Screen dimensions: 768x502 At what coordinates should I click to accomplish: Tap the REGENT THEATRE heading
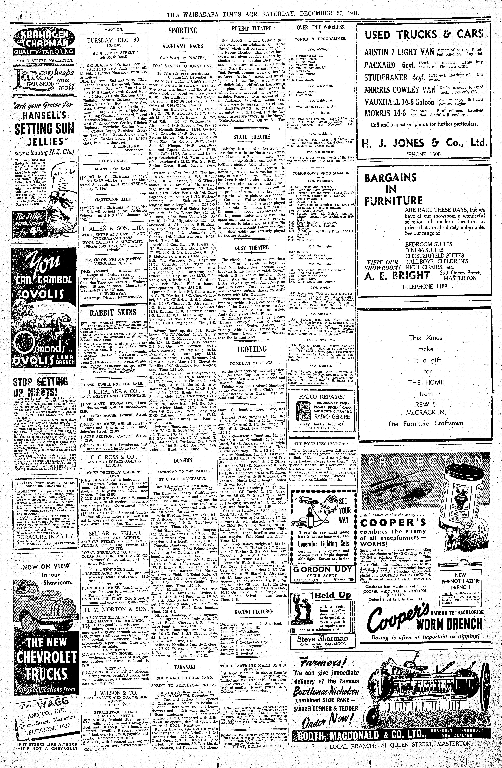tap(251, 28)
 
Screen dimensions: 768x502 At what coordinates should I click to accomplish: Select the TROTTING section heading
tap(251, 349)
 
